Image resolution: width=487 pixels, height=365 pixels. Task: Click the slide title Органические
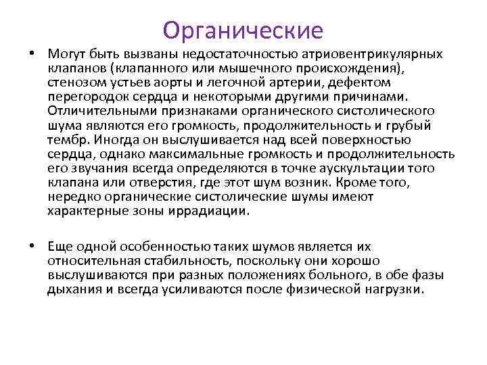click(x=243, y=30)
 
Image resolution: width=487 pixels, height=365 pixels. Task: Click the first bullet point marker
click(x=32, y=53)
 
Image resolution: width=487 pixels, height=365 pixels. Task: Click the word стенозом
click(x=74, y=82)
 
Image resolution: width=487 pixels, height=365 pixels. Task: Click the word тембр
click(x=66, y=139)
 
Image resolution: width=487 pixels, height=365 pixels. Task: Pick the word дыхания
click(x=73, y=289)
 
